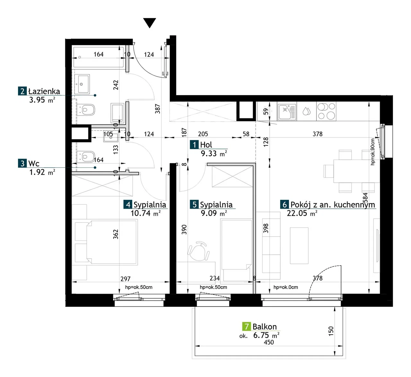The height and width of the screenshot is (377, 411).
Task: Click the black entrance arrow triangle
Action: pyautogui.click(x=150, y=22)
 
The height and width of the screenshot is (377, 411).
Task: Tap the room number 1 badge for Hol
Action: pyautogui.click(x=194, y=145)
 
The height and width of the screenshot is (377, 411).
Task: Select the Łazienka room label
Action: pyautogui.click(x=44, y=91)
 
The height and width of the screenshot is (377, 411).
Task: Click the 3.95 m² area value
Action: pyautogui.click(x=42, y=100)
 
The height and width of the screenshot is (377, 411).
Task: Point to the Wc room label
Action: pyautogui.click(x=34, y=163)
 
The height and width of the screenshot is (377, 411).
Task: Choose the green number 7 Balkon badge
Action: pyautogui.click(x=247, y=327)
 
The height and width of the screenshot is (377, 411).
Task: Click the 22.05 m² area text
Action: pyautogui.click(x=302, y=213)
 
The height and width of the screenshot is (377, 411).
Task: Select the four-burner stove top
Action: pyautogui.click(x=326, y=111)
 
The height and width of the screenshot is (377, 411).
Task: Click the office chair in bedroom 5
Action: pyautogui.click(x=198, y=251)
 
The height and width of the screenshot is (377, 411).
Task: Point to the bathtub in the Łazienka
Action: pyautogui.click(x=99, y=57)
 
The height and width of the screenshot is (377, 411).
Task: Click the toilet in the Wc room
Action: pyautogui.click(x=86, y=156)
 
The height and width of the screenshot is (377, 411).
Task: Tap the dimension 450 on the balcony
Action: pyautogui.click(x=269, y=342)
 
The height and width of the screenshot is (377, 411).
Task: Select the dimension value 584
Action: pyautogui.click(x=365, y=198)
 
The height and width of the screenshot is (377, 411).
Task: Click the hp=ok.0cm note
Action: pyautogui.click(x=285, y=287)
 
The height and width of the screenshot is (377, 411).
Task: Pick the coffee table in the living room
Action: pyautogui.click(x=299, y=246)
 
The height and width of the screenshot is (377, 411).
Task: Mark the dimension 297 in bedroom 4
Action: pyautogui.click(x=126, y=279)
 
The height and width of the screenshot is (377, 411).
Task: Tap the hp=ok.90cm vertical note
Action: pyautogui.click(x=373, y=152)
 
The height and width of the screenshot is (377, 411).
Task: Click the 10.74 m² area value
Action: pyautogui.click(x=145, y=213)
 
